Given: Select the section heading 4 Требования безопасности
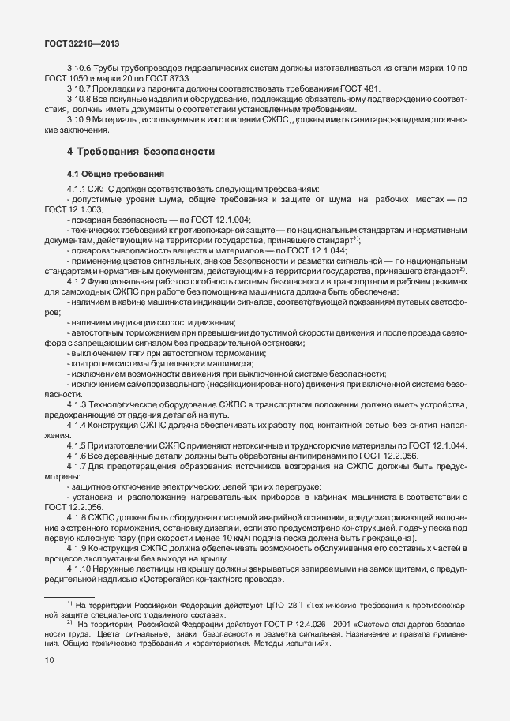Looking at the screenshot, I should click(x=140, y=150).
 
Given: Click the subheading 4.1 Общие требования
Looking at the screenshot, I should click(x=115, y=173).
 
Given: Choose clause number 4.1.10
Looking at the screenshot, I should click(x=82, y=568).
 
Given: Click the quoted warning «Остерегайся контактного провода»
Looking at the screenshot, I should click(x=213, y=578).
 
